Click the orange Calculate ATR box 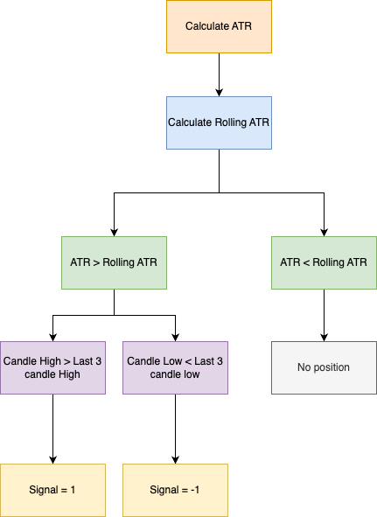tap(219, 26)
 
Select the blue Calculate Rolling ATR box tap(219, 122)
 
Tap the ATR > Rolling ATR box tap(114, 262)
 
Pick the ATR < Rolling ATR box tap(324, 262)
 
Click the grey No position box tap(324, 367)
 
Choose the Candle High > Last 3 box tap(52, 367)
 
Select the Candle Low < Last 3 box tap(176, 367)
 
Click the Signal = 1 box tap(52, 490)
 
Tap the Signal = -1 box tap(176, 490)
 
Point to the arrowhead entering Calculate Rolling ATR tap(219, 93)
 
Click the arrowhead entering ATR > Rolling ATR tap(114, 233)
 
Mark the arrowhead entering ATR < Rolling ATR tap(324, 233)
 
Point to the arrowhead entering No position tap(324, 338)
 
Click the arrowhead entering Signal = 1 tap(52, 460)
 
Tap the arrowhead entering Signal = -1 tap(176, 460)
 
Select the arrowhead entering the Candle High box tap(52, 338)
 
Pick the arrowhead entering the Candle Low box tap(176, 338)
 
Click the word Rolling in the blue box tap(231, 122)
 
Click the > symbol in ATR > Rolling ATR tap(96, 262)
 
